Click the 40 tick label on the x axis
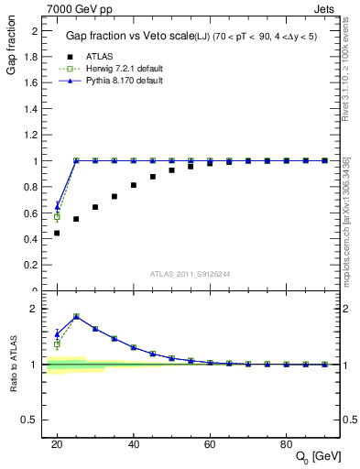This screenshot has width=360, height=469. [134, 444]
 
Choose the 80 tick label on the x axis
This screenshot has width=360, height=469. [286, 444]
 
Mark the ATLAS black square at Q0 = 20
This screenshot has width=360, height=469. [57, 233]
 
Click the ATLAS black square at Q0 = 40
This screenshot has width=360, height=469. [134, 185]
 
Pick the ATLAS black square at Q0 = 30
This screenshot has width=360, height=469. [95, 207]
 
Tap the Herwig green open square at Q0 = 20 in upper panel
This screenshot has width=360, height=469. [57, 217]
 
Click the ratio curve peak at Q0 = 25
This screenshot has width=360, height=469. [76, 316]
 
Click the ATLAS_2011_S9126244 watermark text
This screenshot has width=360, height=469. [191, 273]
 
